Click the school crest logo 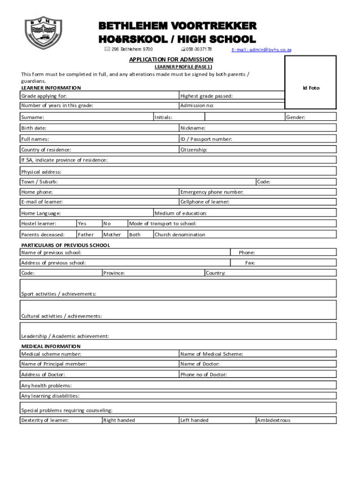pyautogui.click(x=43, y=34)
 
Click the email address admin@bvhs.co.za pyautogui.click(x=261, y=50)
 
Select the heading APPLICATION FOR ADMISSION pyautogui.click(x=171, y=59)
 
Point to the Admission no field pyautogui.click(x=231, y=105)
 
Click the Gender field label pyautogui.click(x=295, y=117)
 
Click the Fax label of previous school pyautogui.click(x=250, y=263)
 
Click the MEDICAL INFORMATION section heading pyautogui.click(x=51, y=346)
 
